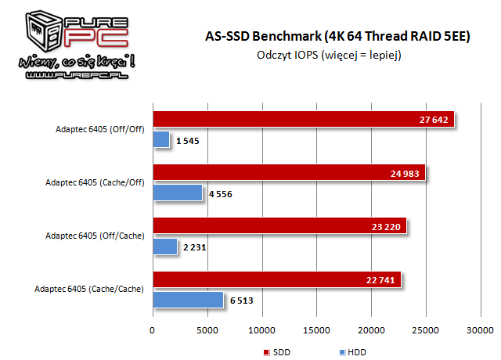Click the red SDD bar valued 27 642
click(x=303, y=120)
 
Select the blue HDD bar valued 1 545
click(x=160, y=139)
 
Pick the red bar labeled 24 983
click(x=288, y=173)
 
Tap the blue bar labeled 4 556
click(x=177, y=193)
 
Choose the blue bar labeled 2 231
click(x=164, y=247)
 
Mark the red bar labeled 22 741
click(x=276, y=280)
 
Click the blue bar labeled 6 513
click(x=188, y=300)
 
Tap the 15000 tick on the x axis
click(x=315, y=330)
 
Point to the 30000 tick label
click(x=480, y=330)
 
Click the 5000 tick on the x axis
click(x=207, y=330)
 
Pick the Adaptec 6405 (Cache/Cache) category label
click(x=89, y=290)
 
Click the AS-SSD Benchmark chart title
click(x=328, y=37)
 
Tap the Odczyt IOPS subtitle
click(x=328, y=55)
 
